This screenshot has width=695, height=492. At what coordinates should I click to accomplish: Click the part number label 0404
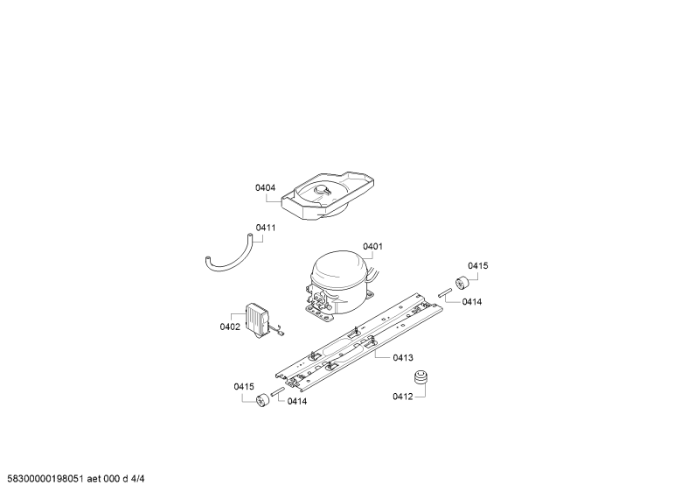(x=265, y=188)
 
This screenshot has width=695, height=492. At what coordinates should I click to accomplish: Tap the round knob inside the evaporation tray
(x=321, y=190)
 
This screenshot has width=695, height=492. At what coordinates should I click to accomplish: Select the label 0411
(x=266, y=228)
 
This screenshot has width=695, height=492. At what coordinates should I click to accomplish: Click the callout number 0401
(x=372, y=247)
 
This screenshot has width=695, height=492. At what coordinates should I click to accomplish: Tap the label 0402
(x=230, y=327)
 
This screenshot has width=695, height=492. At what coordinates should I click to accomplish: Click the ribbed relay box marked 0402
(x=257, y=318)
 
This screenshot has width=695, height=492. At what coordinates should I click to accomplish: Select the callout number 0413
(x=403, y=357)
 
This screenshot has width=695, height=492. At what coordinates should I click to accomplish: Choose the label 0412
(x=402, y=397)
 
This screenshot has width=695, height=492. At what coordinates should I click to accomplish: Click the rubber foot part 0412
(x=421, y=377)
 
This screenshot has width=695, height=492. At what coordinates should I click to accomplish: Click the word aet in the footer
(x=94, y=479)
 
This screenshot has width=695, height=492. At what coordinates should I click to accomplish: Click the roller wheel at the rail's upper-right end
(x=462, y=282)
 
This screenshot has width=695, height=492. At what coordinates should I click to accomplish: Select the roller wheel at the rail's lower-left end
(x=263, y=398)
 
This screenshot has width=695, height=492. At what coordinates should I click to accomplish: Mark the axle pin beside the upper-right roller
(x=445, y=292)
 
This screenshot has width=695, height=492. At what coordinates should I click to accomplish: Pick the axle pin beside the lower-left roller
(x=278, y=392)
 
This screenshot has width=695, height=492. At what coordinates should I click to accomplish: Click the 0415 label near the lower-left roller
(x=244, y=387)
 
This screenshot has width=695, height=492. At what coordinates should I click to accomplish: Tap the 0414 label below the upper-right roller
(x=472, y=302)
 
